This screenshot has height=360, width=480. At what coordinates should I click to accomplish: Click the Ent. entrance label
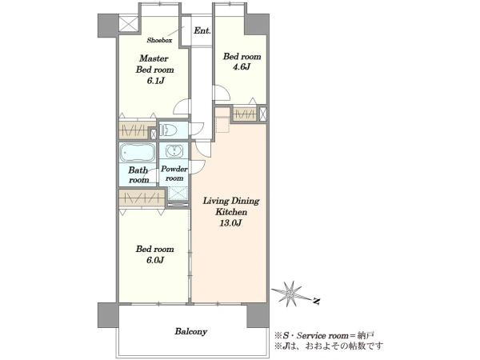click(202, 30)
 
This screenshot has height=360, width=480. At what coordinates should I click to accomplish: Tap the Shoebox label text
click(159, 40)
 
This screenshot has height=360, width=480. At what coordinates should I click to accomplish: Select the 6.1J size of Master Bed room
click(155, 81)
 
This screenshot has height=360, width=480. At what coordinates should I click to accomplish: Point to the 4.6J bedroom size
click(242, 67)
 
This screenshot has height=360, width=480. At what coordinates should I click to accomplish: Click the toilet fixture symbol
click(169, 130)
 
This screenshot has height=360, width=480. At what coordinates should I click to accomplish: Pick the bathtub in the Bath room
click(137, 152)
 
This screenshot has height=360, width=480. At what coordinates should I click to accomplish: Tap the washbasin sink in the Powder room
click(174, 151)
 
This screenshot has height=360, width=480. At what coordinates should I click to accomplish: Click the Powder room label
click(174, 174)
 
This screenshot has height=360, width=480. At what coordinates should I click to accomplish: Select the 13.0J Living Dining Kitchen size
click(230, 223)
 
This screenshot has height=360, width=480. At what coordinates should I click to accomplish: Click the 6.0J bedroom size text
click(155, 260)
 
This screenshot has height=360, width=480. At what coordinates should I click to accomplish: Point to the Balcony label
click(191, 331)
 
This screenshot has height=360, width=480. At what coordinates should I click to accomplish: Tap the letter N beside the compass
click(317, 302)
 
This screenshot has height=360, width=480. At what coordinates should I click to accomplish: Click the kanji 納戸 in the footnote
click(368, 335)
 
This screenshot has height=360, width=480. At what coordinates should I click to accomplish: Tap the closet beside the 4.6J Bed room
click(245, 114)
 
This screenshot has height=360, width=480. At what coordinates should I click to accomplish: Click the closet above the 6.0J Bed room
click(141, 198)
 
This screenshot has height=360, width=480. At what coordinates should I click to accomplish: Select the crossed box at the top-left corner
click(128, 24)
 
